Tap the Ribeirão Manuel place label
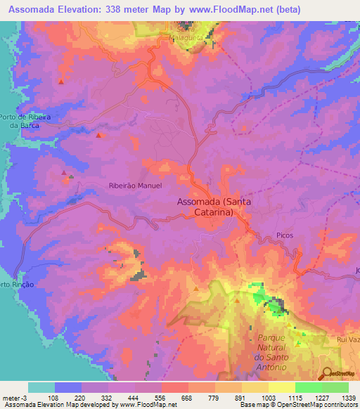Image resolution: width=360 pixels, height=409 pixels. [136, 186]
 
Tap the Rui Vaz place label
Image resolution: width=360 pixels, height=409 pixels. [347, 338]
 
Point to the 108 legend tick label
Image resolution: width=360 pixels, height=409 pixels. [54, 397]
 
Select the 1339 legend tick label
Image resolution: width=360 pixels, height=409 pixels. [349, 397]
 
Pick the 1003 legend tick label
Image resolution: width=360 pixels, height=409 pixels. [269, 397]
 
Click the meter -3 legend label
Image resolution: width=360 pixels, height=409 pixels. [15, 397]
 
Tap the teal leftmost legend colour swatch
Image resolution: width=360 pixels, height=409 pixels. [41, 387]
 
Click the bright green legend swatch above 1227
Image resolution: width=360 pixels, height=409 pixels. [309, 387]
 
